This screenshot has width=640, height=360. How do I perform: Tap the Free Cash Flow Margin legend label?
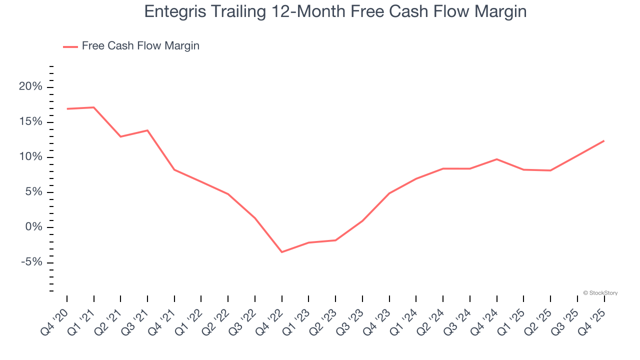click(x=140, y=46)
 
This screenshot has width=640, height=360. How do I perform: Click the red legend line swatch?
click(x=70, y=46)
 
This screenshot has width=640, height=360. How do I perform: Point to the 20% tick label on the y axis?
click(x=30, y=87)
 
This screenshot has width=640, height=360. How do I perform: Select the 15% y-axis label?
click(x=30, y=122)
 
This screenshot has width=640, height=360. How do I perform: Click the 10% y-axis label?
click(x=30, y=157)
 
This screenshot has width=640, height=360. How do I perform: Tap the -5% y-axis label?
click(x=30, y=262)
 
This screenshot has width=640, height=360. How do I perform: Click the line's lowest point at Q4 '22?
click(x=282, y=252)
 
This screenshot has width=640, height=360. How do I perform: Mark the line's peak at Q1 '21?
click(x=94, y=107)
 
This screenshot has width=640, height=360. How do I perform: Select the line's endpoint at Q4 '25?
click(x=604, y=141)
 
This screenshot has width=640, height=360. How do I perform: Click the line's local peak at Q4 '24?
click(x=496, y=159)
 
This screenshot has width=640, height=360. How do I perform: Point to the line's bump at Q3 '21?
click(x=147, y=130)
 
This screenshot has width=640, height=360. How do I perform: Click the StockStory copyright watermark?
click(x=600, y=293)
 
